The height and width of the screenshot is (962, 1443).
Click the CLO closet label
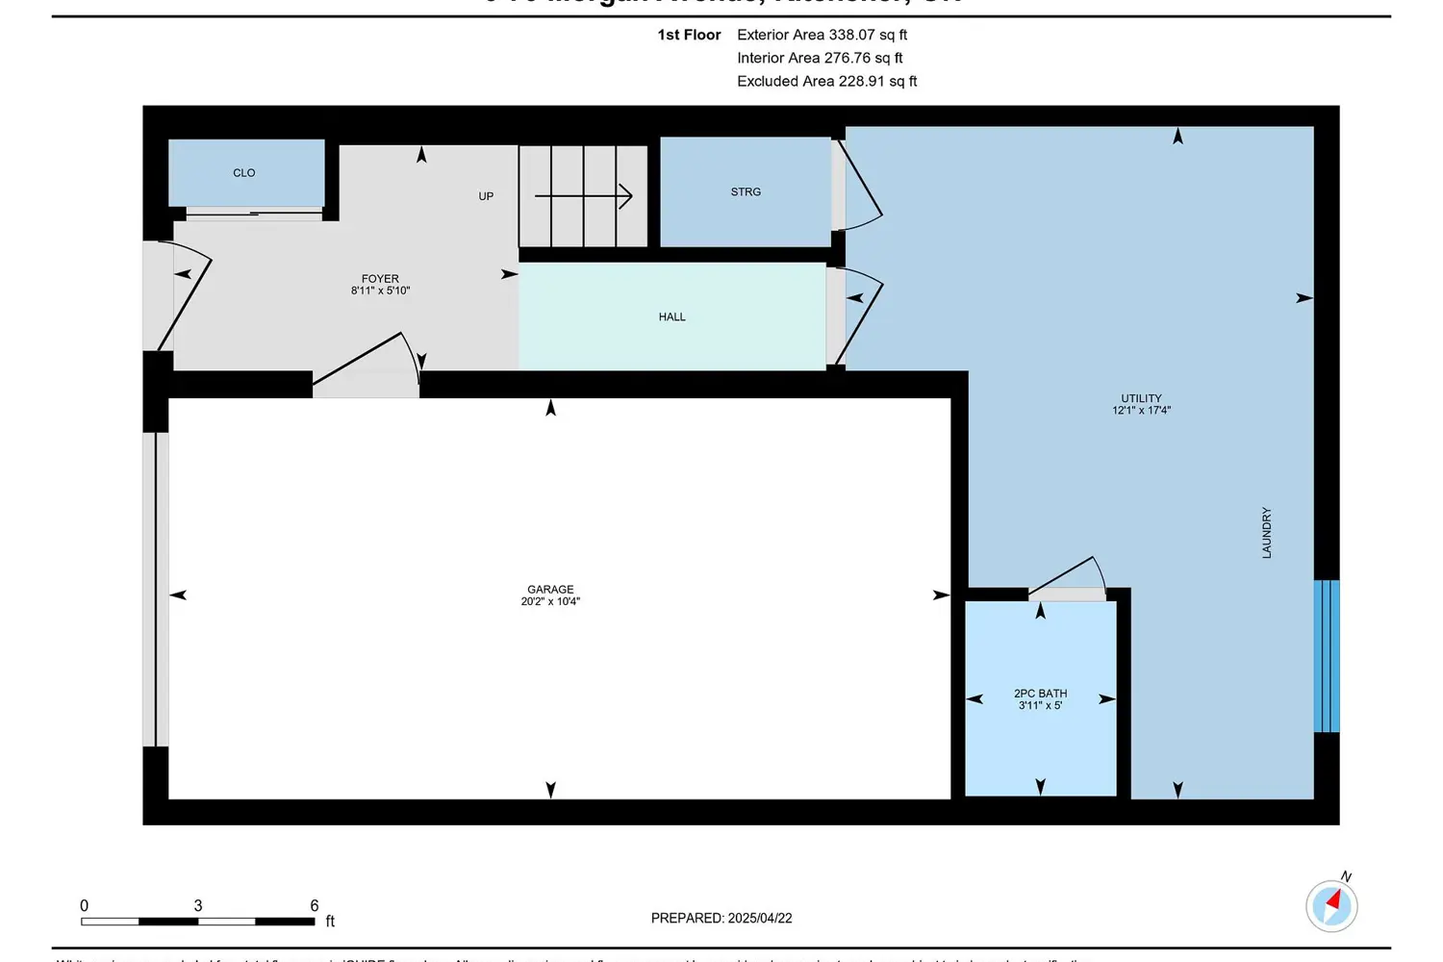243,173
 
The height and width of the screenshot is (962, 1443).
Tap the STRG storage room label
746,192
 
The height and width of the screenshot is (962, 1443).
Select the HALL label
671,317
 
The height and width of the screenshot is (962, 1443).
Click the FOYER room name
380,279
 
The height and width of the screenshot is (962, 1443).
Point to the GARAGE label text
550,590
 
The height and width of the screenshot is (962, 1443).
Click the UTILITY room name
1141,398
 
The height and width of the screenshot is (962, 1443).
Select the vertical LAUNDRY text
1267,533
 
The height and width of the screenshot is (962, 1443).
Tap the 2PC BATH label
1040,694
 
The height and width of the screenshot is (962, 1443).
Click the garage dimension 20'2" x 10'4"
550,602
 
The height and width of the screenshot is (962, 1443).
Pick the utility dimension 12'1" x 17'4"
1141,411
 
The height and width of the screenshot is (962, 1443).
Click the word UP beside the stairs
486,196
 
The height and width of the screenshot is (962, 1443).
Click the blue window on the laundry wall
1327,656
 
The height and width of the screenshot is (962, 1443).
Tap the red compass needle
1333,901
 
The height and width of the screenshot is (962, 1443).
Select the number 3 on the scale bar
198,906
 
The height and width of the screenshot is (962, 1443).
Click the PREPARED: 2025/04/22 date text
721,919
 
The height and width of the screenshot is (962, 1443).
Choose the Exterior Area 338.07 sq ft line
822,35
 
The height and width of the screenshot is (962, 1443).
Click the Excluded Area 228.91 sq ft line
826,82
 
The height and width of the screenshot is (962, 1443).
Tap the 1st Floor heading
689,35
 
